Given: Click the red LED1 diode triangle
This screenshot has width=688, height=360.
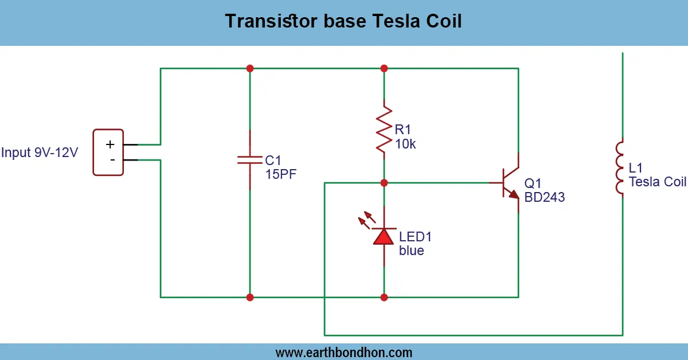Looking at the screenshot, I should coord(384,236).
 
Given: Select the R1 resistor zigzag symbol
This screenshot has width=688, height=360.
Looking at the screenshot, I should coord(384,129).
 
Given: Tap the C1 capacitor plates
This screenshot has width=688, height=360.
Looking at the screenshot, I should coord(250,159).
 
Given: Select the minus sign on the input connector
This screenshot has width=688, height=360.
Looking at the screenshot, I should coord(112,159).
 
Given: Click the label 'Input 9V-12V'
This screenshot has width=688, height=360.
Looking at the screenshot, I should coord(40,153).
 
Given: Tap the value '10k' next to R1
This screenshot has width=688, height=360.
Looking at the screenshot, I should coord(405,144).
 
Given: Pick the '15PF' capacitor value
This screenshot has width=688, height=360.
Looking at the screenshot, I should coord(281,174).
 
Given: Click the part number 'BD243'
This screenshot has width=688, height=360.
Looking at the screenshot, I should coord(545,197).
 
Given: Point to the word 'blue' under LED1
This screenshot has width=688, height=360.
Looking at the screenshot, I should coord(412,251).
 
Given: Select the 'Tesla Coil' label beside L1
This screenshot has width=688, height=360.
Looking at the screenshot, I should coord(657,182).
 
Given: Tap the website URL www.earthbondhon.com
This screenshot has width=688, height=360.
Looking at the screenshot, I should coord(344,352).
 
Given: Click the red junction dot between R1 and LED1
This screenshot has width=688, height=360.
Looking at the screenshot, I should coord(384,183).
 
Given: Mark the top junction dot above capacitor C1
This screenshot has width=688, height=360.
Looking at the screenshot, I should coord(250,68).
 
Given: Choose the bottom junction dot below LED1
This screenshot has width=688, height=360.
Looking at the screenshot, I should coord(384,297).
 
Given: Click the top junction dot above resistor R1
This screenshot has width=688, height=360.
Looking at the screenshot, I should coord(384,68).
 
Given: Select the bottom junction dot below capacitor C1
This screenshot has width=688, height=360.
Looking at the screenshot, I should coord(250,297).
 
